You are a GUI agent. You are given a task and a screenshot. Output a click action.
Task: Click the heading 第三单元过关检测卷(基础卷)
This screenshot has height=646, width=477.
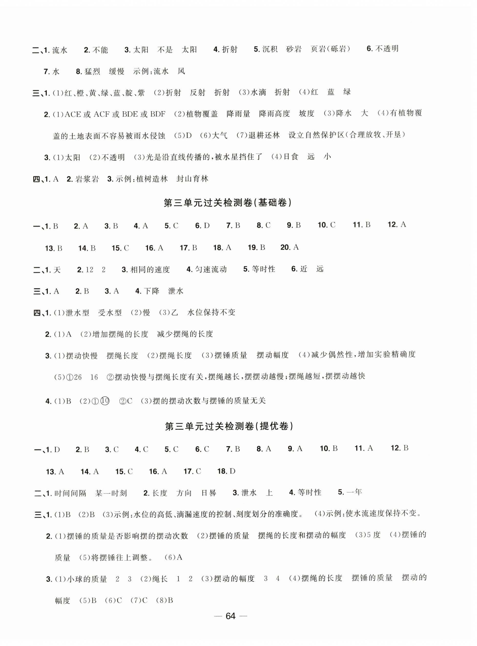click(228, 203)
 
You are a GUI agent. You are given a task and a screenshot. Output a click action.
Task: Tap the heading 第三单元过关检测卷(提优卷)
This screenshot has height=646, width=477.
click(229, 426)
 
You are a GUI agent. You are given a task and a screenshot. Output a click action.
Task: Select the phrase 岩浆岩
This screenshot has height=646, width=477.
click(87, 179)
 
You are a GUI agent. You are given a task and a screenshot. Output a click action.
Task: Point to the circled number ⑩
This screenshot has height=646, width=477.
click(106, 401)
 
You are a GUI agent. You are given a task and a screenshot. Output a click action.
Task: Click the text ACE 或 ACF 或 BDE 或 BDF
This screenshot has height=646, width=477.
click(115, 114)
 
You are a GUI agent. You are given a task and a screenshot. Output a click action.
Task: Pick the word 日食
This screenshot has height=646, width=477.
click(291, 157)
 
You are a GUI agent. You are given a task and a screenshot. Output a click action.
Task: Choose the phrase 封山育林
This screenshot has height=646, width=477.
click(192, 179)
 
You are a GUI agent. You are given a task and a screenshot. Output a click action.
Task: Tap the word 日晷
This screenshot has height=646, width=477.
click(209, 493)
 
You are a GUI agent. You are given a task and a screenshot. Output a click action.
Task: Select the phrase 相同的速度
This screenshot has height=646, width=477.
click(150, 270)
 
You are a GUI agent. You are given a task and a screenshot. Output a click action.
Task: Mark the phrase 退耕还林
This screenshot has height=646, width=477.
click(264, 135)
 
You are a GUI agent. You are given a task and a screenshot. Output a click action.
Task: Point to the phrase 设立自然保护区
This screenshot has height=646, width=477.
click(316, 135)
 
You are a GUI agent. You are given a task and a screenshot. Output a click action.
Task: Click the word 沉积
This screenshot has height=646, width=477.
click(270, 49)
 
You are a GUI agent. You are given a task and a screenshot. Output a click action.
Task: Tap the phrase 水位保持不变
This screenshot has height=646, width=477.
click(211, 312)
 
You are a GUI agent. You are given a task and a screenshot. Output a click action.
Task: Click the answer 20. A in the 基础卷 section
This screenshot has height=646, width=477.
click(290, 247)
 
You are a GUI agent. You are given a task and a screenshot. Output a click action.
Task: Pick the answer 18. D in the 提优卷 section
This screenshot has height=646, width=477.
click(226, 471)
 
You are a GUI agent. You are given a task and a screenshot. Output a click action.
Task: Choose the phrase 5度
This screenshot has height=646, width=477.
click(373, 535)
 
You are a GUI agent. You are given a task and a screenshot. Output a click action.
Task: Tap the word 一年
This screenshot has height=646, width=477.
click(354, 492)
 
